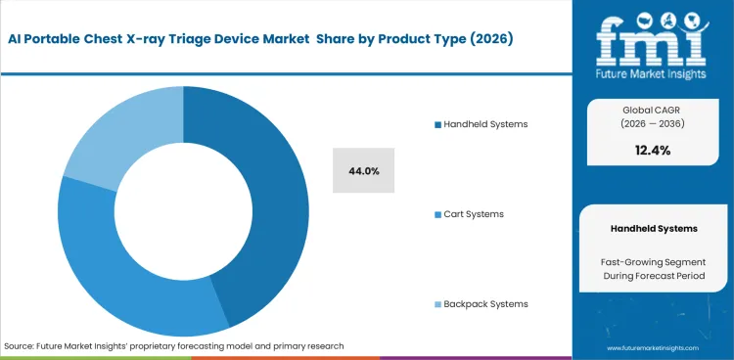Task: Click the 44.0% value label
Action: (363, 171)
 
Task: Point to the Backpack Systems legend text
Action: (485, 303)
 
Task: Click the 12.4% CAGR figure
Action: (653, 150)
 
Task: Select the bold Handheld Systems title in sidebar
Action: (653, 228)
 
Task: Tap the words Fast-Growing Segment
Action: (653, 262)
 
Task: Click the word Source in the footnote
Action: (21, 346)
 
